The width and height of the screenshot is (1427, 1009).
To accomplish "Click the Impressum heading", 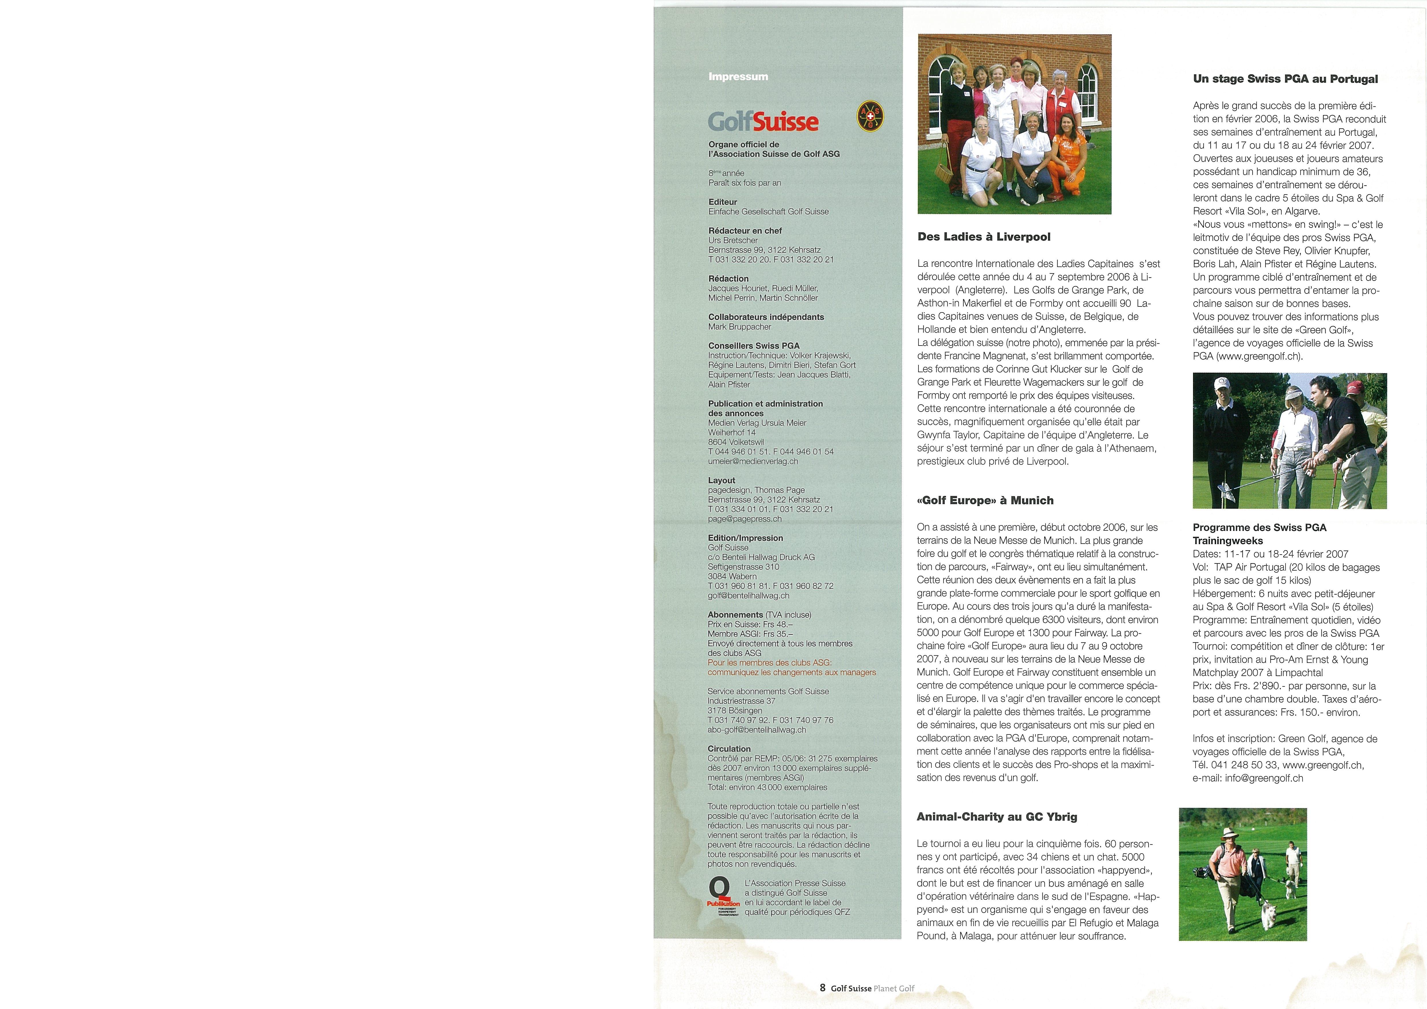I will [x=738, y=76].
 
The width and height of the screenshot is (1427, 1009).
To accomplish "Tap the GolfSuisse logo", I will [x=763, y=121].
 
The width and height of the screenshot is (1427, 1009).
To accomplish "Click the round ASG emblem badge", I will [x=870, y=116].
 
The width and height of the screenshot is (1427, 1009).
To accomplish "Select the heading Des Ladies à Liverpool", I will [x=984, y=237].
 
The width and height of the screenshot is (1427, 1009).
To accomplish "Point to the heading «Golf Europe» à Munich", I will [x=985, y=500].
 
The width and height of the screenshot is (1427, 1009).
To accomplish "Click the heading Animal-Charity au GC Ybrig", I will [x=997, y=817].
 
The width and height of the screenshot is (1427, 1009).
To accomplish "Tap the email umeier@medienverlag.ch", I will [x=753, y=461].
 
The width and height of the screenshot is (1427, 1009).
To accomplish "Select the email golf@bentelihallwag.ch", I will [x=748, y=596].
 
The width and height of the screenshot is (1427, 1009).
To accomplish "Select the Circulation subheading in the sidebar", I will [x=729, y=749].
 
